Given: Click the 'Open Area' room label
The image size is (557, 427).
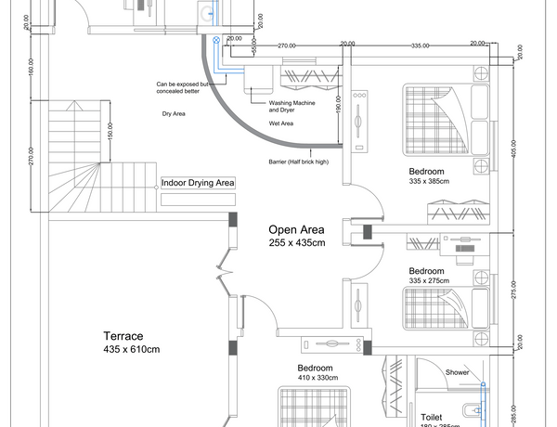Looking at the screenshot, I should point(296,229).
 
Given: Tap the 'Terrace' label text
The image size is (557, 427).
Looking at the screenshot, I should point(123,336).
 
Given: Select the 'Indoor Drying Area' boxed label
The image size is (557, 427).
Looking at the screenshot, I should point(198,184).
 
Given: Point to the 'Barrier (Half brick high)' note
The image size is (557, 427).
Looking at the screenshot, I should point(298,162).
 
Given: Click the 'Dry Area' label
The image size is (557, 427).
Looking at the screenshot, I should point(175,113).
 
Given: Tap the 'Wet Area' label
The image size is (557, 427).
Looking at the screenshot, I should point(281,123).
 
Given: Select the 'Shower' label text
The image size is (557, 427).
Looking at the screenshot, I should point(457,372).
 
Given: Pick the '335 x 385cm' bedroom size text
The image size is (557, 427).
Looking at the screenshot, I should point(429,182).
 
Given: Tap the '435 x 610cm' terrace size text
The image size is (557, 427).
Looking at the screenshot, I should point(132,350).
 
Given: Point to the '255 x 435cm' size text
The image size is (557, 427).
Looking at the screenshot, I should point(297,244).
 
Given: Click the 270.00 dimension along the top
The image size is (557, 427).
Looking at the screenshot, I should point(287,45).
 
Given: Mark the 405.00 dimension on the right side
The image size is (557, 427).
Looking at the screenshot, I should point(512,149).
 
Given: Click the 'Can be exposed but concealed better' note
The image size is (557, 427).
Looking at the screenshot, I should point(186,88).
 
